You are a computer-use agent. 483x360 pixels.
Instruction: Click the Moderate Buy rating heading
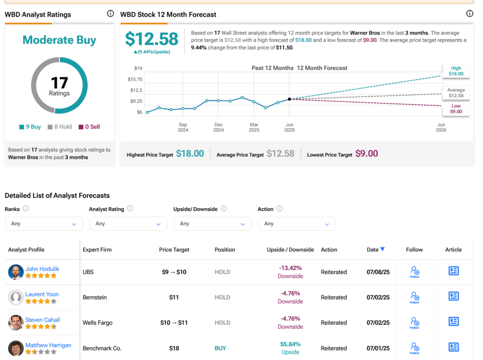click(59, 40)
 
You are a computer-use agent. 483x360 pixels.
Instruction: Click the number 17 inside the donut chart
click(59, 83)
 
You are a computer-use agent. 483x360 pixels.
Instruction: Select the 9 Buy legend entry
click(30, 126)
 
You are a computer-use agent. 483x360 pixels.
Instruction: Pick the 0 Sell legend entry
click(89, 126)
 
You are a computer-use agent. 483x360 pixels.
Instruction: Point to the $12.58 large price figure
click(151, 39)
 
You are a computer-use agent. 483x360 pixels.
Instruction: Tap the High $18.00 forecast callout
click(456, 71)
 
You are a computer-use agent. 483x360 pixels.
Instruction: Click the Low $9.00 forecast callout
click(456, 109)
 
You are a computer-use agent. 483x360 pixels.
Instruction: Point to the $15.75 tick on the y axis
click(135, 79)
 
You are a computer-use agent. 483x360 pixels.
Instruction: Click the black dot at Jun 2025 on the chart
click(289, 99)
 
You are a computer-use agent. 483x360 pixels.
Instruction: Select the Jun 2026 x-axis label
click(441, 127)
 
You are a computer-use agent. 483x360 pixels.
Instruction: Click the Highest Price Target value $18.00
click(190, 154)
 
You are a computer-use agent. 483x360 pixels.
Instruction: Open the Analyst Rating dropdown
click(128, 224)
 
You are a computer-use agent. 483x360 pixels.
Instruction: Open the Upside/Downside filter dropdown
click(212, 224)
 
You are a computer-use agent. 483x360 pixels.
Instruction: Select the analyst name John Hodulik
click(42, 269)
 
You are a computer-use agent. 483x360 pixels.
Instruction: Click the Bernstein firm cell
click(95, 297)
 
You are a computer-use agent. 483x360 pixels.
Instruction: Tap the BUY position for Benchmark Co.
click(220, 348)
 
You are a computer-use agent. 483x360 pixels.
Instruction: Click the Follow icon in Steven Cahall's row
click(414, 323)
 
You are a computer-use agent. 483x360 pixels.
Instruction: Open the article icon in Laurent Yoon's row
click(453, 296)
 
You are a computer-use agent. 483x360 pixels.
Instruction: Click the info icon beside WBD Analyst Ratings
click(110, 14)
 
